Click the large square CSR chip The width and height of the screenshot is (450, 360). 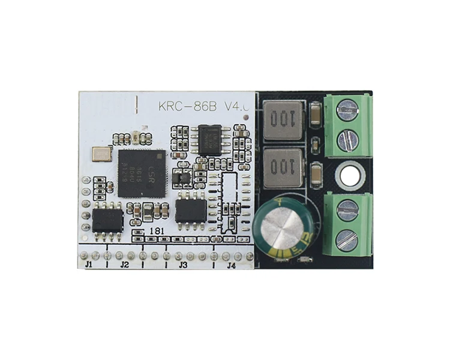[142, 172]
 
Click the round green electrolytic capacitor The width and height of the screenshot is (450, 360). [281, 230]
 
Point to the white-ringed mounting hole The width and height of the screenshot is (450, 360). [349, 176]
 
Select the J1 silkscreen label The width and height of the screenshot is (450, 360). [89, 265]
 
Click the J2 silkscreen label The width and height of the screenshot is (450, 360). [124, 265]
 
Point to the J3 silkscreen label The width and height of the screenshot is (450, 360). [184, 265]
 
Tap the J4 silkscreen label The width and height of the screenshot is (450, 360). [231, 265]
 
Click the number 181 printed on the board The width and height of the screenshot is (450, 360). [157, 231]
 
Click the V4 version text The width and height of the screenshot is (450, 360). [238, 107]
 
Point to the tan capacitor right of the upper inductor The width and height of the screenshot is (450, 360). [315, 110]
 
